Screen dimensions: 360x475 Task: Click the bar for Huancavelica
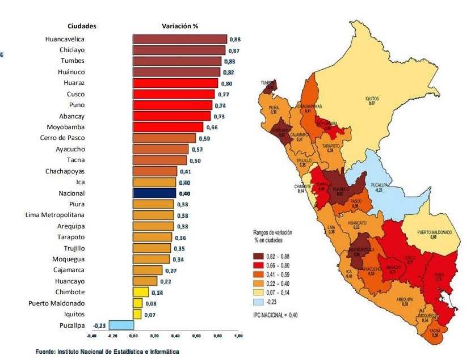[x=179, y=39]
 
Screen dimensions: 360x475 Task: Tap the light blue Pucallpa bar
[x=121, y=325]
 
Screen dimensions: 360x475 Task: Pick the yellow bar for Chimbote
[x=141, y=292]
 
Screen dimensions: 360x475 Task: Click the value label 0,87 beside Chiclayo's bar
[x=234, y=51]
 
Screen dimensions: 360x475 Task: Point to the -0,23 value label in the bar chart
[x=100, y=325]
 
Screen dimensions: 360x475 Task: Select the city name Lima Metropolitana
[x=55, y=215]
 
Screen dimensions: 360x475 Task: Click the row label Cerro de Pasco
[x=62, y=138]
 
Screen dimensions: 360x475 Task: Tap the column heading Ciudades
[x=82, y=26]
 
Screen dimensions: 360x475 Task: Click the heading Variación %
[x=180, y=26]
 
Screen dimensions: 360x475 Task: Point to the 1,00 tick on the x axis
[x=238, y=336]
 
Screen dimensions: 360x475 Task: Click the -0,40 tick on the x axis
[x=92, y=336]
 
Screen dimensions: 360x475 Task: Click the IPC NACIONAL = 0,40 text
[x=275, y=315]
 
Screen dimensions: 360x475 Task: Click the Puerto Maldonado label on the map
[x=434, y=232]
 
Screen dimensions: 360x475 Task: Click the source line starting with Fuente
[x=107, y=352]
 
